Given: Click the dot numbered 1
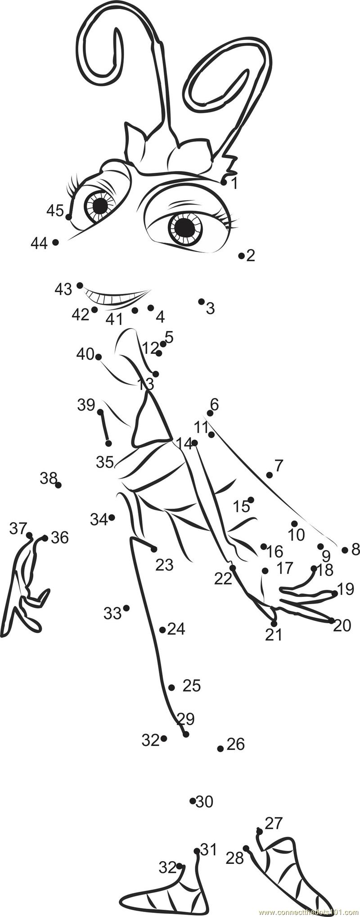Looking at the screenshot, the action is tap(224, 182).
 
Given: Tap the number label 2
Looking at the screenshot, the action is tap(251, 256).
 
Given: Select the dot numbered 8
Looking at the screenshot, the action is tap(345, 550).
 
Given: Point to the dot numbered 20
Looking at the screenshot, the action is tap(332, 620).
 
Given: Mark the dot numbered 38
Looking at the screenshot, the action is tap(58, 485).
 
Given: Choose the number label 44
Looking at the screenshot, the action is tap(39, 243).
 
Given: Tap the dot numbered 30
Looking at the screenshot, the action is tap(193, 800).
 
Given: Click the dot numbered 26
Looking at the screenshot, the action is tap(220, 749).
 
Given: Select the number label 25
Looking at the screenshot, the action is tap(192, 686).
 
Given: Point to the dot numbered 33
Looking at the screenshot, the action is tap(126, 608).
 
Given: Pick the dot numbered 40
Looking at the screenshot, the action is tap(99, 357).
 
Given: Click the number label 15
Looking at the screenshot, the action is tap(241, 506).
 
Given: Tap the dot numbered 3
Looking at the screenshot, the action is tap(201, 301).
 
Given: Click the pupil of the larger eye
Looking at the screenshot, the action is tap(185, 228).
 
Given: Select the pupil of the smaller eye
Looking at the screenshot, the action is tap(100, 206).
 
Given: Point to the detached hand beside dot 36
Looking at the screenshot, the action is tap(25, 585).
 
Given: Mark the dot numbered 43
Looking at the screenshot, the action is tap(80, 285).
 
